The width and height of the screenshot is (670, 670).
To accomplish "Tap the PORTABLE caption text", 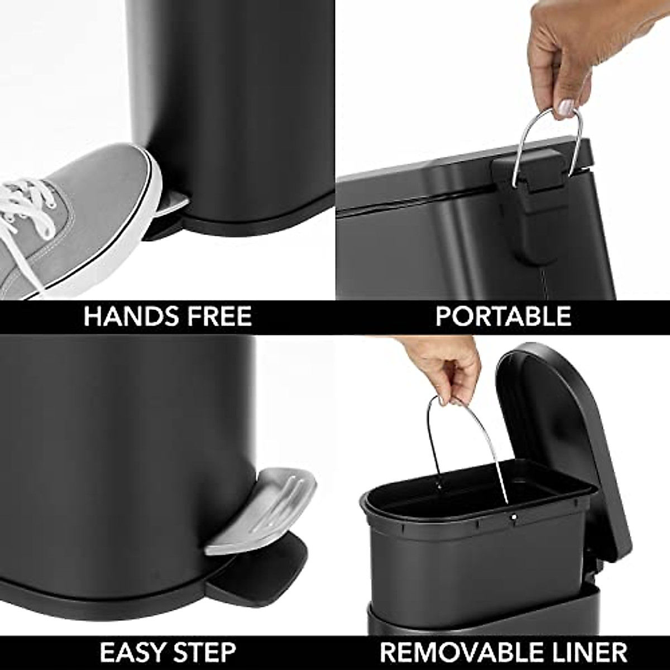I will (503, 317).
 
